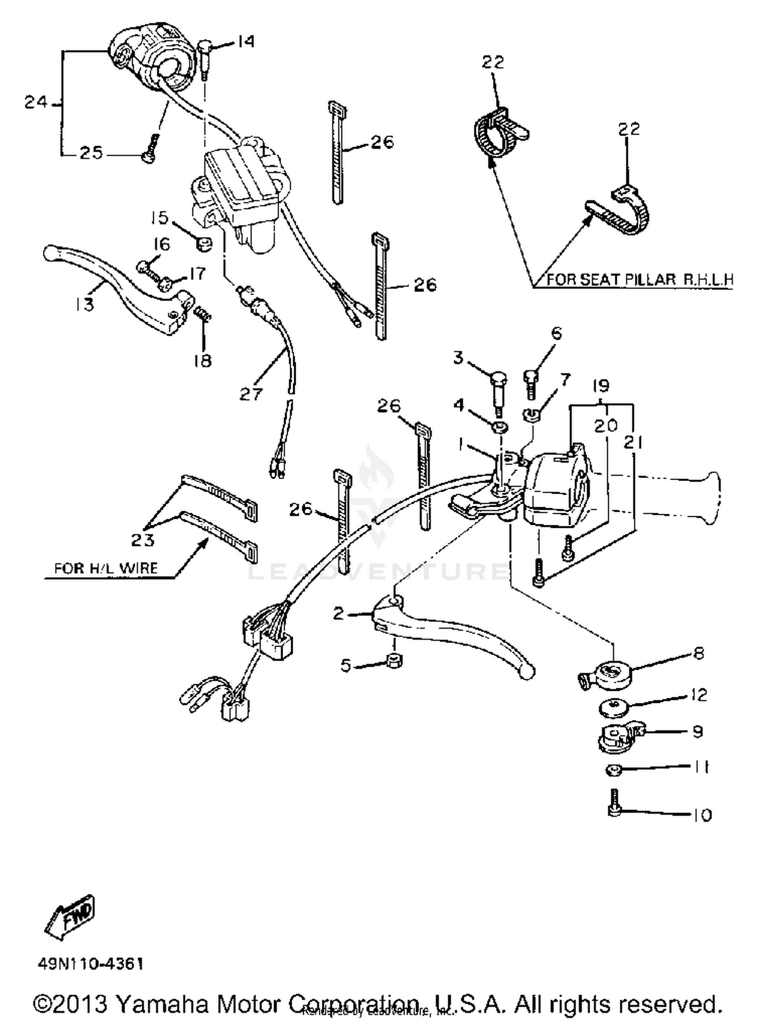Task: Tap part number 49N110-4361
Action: point(91,964)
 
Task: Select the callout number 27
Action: point(251,394)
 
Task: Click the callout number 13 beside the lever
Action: point(85,304)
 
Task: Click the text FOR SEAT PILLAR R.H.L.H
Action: point(639,279)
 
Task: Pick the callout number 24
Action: point(36,102)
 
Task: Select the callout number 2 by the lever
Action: point(339,613)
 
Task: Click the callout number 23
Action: point(142,540)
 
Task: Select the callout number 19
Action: point(601,386)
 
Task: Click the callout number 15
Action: point(159,218)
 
